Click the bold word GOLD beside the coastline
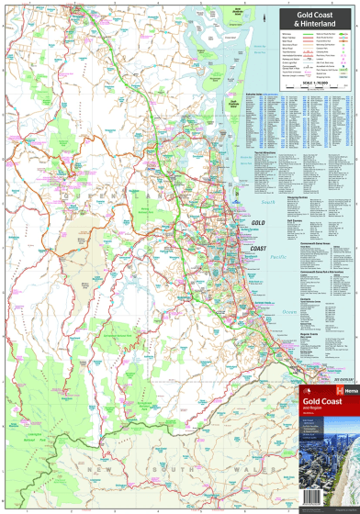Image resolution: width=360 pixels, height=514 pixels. [x=258, y=223]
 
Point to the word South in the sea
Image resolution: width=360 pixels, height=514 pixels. [x=268, y=202]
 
